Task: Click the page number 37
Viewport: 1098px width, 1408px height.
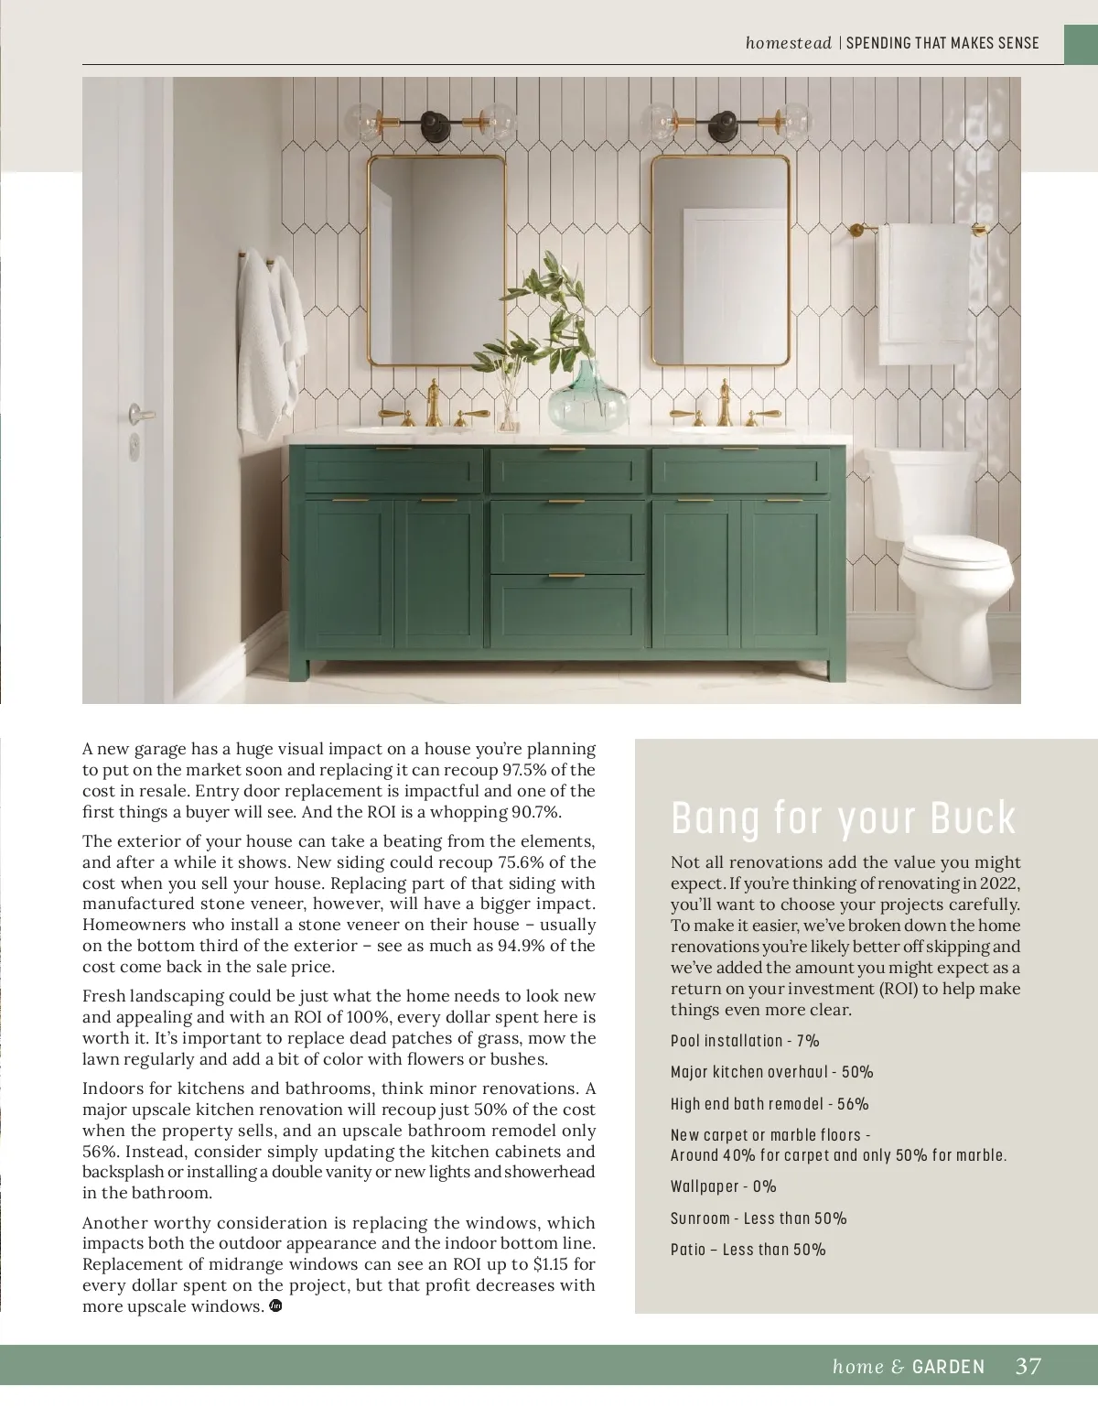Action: [x=1028, y=1367]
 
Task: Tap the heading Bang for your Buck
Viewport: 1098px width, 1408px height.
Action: [x=843, y=818]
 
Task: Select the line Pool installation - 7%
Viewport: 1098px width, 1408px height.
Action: [x=745, y=1041]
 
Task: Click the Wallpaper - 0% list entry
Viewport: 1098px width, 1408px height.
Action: [x=723, y=1186]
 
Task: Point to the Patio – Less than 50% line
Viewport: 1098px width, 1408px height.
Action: [x=748, y=1250]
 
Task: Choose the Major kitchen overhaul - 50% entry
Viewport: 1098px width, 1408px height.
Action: [x=771, y=1072]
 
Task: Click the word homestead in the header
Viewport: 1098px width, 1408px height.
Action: [x=788, y=43]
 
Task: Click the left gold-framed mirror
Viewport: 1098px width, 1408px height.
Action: [x=437, y=261]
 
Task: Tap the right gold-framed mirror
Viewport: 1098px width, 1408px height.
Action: [x=720, y=261]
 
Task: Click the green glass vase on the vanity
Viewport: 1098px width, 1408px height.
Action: [x=587, y=399]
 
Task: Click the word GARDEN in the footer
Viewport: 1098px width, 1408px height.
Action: [x=949, y=1367]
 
